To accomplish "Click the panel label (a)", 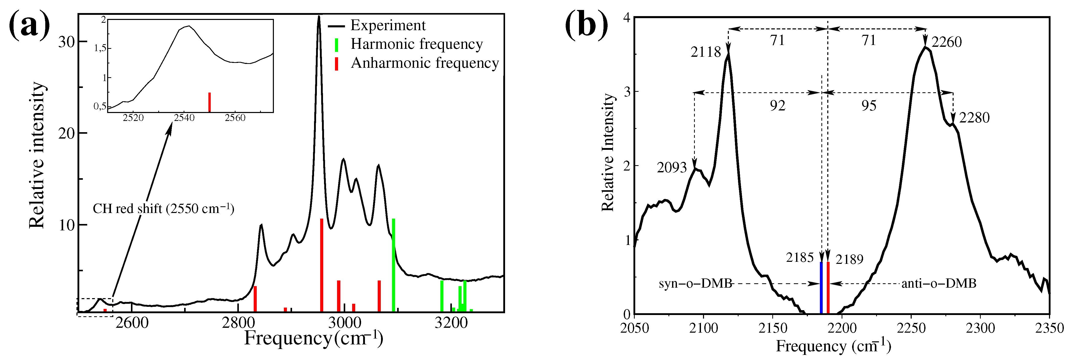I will coord(29,26).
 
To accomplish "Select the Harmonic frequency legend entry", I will coord(416,44).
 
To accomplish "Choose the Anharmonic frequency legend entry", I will coord(424,63).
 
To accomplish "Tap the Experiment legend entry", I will coord(387,25).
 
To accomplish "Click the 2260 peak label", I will coord(946,42).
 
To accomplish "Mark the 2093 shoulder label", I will coord(672,167).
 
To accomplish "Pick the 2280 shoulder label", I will coord(974,118).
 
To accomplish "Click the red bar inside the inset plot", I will coord(209,102).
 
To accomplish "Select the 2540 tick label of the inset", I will coord(184,118).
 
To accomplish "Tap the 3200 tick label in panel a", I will coord(451,323).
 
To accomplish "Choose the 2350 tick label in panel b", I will coord(1049,328).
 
